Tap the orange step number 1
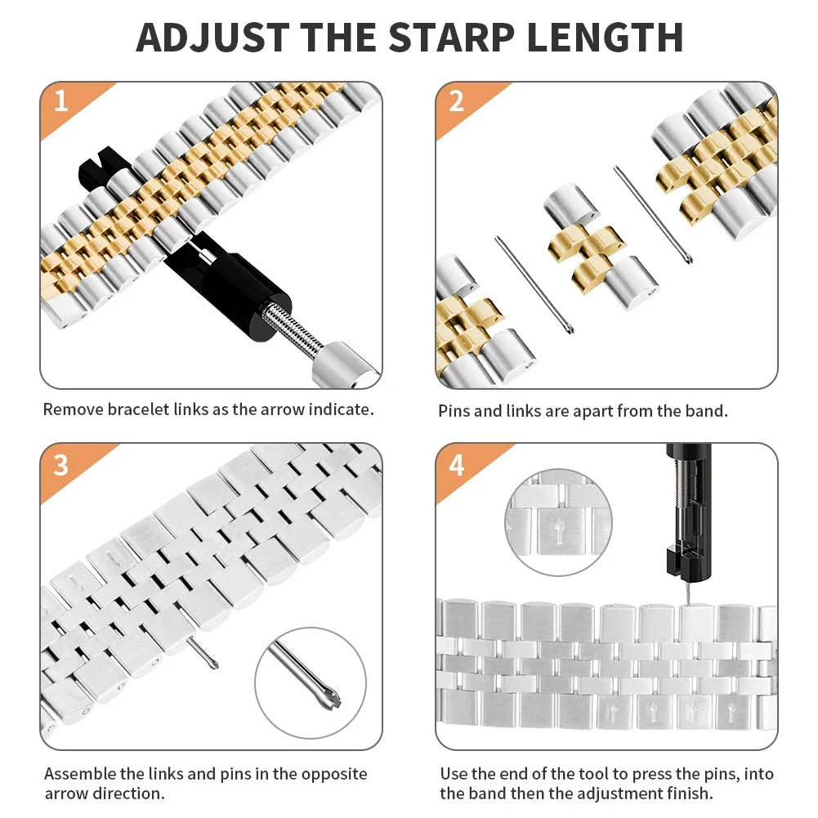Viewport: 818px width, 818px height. pyautogui.click(x=60, y=101)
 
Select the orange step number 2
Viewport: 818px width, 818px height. pyautogui.click(x=456, y=101)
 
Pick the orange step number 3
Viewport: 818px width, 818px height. pyautogui.click(x=60, y=464)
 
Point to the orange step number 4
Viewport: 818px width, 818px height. pyautogui.click(x=456, y=464)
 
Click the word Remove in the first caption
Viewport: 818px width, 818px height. pyautogui.click(x=73, y=409)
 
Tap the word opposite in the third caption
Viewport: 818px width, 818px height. pyautogui.click(x=330, y=773)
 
